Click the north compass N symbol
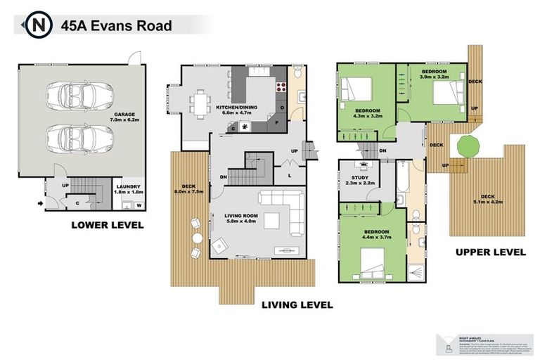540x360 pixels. pos(38,26)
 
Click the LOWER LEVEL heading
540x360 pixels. pos(107,225)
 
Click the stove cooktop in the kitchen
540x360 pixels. pos(281,88)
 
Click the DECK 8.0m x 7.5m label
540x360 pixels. pos(188,188)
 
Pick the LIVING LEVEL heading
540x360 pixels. pos(297,305)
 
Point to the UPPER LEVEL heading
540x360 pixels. pos(490,252)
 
